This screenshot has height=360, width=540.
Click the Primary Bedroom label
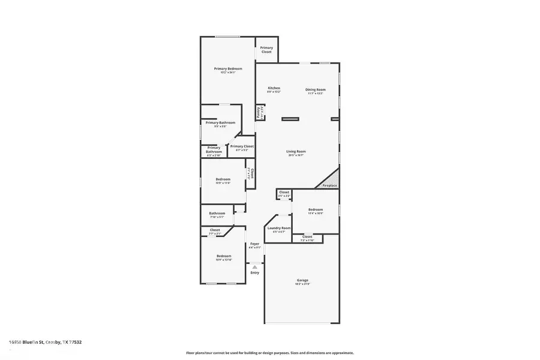(228, 69)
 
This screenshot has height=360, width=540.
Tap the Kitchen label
(274, 89)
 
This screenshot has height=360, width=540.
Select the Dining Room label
(316, 89)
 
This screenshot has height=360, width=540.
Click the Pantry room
(260, 112)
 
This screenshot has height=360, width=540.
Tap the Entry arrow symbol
(255, 267)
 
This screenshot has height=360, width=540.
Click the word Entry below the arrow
(255, 273)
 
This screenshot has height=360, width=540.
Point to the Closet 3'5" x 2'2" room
(284, 193)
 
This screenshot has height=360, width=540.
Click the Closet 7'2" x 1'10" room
(307, 238)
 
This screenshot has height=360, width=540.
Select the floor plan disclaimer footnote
(270, 353)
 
